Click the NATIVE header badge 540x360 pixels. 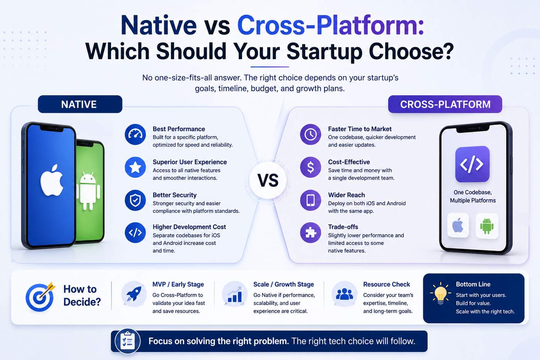[x=80, y=104]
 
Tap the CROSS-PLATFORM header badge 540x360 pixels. [x=445, y=104]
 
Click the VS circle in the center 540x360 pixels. [x=268, y=180]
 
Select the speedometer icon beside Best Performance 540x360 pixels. [x=135, y=134]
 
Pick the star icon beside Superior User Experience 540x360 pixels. [x=135, y=167]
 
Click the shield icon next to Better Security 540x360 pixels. [x=135, y=200]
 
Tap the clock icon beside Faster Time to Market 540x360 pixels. [x=310, y=134]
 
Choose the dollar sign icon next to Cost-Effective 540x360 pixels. [x=310, y=167]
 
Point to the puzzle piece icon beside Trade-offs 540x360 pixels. [x=310, y=233]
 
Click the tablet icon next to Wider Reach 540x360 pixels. [x=310, y=200]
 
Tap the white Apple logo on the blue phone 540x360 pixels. [x=52, y=180]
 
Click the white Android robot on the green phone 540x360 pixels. [x=88, y=191]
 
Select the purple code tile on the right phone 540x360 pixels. [x=472, y=164]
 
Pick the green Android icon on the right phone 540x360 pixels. [x=487, y=226]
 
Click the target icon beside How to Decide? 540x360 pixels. [x=40, y=297]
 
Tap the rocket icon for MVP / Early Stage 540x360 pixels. [x=134, y=294]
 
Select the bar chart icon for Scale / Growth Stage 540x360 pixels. [x=235, y=294]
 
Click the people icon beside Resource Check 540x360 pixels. [x=344, y=294]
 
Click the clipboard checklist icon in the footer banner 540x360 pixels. [x=128, y=341]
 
